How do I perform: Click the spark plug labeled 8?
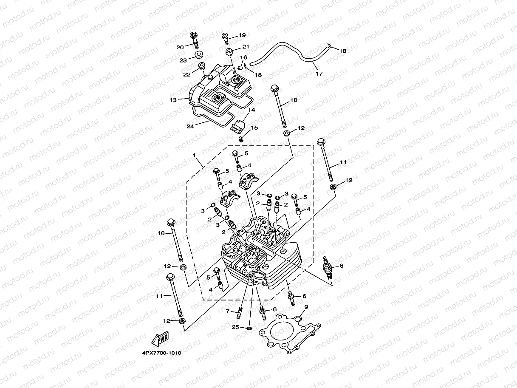coord(327,267)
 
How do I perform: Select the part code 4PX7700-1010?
coord(158,353)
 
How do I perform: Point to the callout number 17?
coord(319,74)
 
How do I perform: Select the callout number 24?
coord(190,126)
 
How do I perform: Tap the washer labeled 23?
coord(198,55)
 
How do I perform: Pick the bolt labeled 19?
coord(226,38)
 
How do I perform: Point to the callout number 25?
coord(235,327)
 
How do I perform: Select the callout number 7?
coord(228,312)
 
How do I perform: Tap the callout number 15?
coord(254,127)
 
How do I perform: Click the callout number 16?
coord(243,57)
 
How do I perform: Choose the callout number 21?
coord(246,47)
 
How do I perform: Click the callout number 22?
coord(186,74)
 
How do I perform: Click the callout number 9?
coord(306,307)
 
